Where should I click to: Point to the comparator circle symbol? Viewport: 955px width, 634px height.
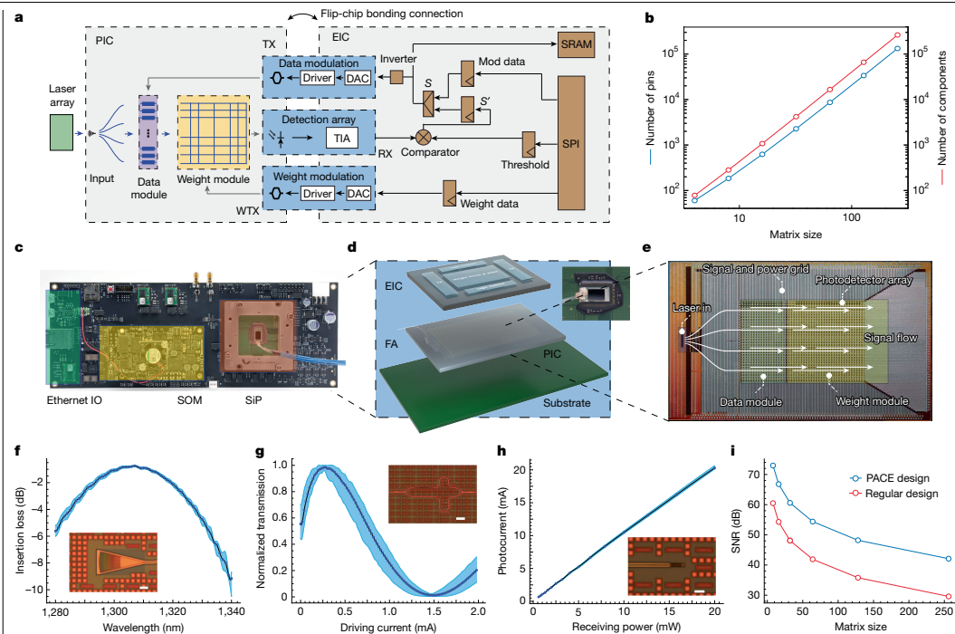[422, 138]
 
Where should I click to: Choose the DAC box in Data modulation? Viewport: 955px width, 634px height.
[358, 79]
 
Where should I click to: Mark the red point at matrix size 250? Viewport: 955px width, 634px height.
[948, 596]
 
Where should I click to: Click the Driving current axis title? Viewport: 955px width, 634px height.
[387, 624]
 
